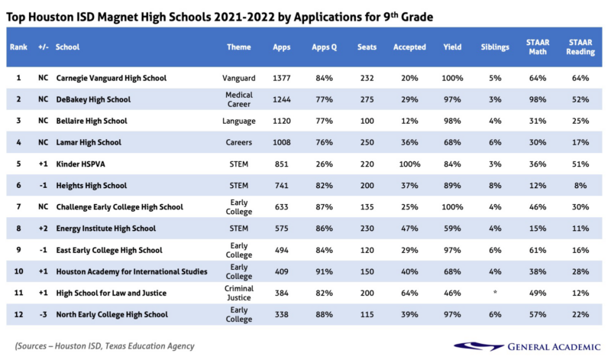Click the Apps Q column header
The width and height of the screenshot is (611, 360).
tap(325, 47)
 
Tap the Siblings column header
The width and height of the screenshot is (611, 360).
tap(495, 47)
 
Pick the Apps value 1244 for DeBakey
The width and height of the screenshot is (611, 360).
tap(282, 99)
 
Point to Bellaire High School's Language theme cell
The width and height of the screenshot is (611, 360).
tap(239, 121)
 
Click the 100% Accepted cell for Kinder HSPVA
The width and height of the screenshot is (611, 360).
tap(409, 164)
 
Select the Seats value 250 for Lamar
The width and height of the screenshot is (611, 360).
tap(367, 142)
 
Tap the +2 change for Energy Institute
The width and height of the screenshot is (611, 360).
tap(43, 229)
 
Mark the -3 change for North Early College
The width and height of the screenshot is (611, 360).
tap(43, 315)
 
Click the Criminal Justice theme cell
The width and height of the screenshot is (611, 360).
tap(239, 294)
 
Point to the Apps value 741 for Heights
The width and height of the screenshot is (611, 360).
tap(282, 186)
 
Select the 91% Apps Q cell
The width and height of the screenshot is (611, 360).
tap(325, 271)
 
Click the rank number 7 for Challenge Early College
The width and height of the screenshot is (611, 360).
tap(18, 207)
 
